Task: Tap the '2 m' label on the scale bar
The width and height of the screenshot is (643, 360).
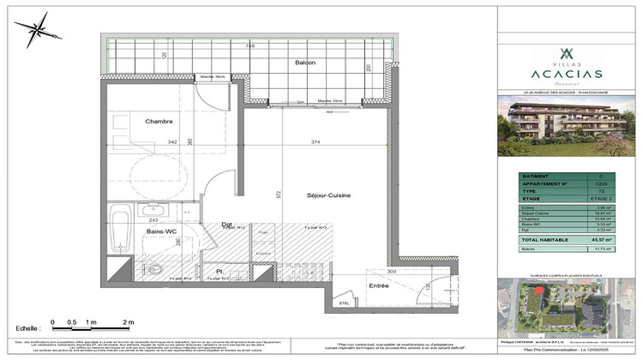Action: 129,321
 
